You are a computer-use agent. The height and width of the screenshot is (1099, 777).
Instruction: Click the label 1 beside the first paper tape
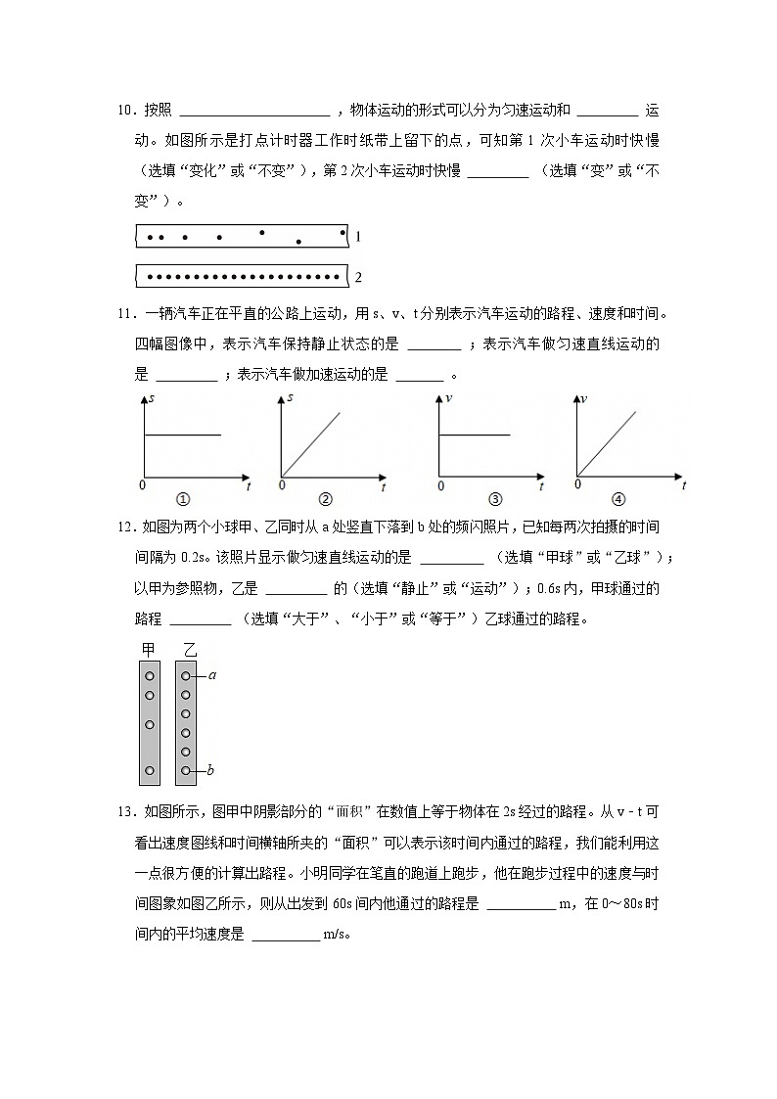tap(358, 237)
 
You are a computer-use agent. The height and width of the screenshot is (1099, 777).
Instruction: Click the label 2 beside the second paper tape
tap(358, 277)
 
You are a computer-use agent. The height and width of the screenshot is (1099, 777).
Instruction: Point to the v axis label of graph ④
tap(584, 398)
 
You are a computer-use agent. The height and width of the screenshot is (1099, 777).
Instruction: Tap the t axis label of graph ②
tap(384, 486)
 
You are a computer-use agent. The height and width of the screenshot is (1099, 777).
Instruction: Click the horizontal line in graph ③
tap(475, 434)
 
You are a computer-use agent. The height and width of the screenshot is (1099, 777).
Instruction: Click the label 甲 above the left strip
tap(150, 650)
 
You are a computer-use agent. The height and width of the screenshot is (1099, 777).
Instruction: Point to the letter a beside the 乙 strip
tap(212, 675)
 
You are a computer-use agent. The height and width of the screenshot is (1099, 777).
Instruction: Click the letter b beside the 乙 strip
tap(210, 771)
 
